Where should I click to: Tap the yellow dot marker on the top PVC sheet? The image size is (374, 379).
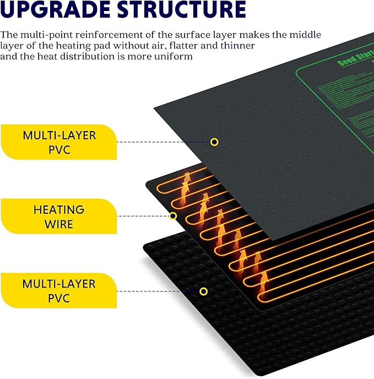(214, 142)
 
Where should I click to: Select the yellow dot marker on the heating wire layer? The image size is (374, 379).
(173, 216)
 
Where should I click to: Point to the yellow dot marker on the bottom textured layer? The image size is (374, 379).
(203, 291)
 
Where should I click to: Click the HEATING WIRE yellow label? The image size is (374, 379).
(58, 217)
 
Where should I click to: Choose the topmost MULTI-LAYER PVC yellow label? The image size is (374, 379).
(58, 142)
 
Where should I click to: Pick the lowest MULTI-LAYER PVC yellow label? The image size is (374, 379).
(58, 291)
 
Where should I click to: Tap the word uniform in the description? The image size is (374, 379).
(174, 57)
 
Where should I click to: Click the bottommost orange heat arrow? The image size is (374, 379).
(263, 279)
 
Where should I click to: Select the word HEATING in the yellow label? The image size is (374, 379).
(58, 210)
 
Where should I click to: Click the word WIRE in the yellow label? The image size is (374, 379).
(58, 224)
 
